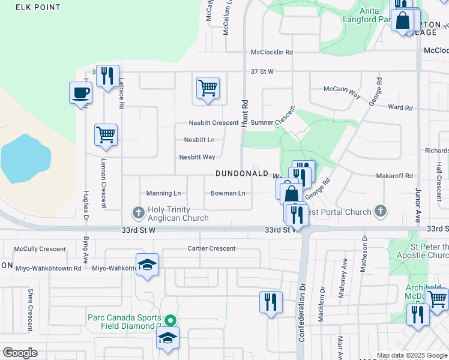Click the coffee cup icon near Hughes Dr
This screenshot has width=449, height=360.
pos(81,93)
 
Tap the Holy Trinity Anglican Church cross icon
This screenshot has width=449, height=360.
pos(139,212)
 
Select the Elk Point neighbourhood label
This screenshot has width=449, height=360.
pos(38,7)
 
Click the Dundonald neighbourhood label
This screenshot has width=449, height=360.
pos(242,173)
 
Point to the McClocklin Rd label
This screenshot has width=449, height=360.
pos(272,52)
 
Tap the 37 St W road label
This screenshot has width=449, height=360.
pos(262,72)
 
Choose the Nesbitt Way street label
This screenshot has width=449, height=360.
pos(197,157)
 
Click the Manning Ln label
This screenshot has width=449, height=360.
pos(163,193)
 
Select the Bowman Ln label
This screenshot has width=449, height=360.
pos(228,193)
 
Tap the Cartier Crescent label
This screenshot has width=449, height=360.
pos(211,248)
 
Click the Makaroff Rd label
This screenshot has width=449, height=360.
pos(394,176)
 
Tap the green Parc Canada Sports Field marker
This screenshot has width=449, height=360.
pos(170,320)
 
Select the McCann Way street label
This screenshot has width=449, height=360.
pos(342,88)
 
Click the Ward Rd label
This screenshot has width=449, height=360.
pos(400,107)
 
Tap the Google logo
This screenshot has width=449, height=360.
pos(20,353)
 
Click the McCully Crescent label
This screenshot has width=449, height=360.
pos(40,248)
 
